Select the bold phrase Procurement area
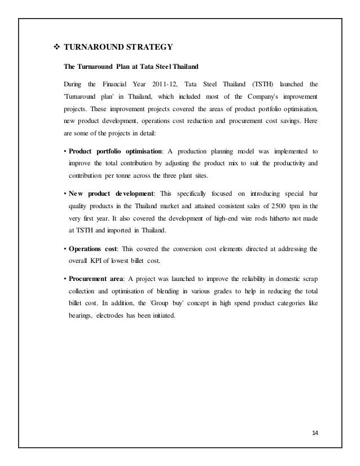click(95, 279)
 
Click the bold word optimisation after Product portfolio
click(141, 151)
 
